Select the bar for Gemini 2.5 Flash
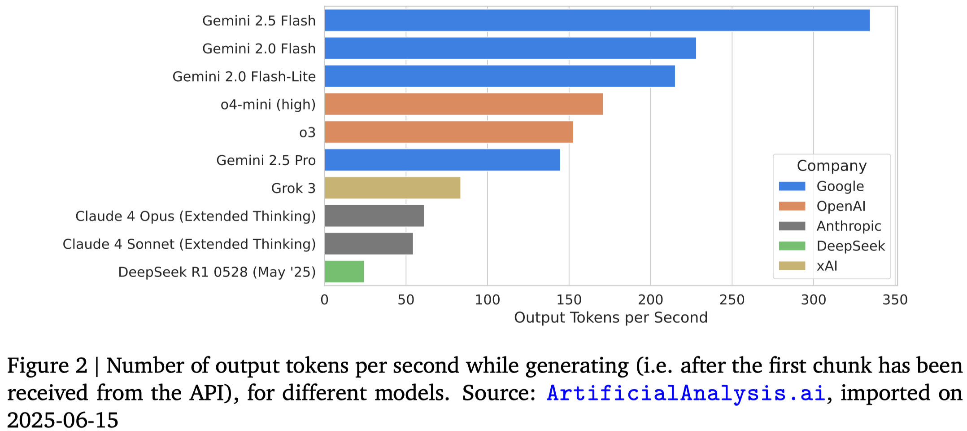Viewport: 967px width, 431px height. pyautogui.click(x=597, y=21)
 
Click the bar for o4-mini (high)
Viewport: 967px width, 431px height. pyautogui.click(x=463, y=104)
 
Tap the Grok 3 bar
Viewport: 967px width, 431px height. pyautogui.click(x=392, y=188)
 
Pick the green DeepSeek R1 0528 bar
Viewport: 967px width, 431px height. pyautogui.click(x=344, y=272)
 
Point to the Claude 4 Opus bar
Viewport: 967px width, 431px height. pyautogui.click(x=374, y=216)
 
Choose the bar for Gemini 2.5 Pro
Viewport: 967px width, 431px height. pyautogui.click(x=442, y=160)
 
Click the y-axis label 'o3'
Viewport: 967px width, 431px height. pyautogui.click(x=307, y=132)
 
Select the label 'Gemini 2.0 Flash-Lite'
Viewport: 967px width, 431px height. pyautogui.click(x=244, y=77)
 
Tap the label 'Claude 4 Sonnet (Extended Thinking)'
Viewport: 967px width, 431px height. pyautogui.click(x=189, y=244)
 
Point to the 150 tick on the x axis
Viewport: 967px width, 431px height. pyautogui.click(x=569, y=299)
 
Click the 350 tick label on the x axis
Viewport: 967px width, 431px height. pyautogui.click(x=895, y=299)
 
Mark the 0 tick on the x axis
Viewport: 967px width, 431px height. pyautogui.click(x=325, y=299)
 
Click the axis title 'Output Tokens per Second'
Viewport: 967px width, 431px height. pyautogui.click(x=610, y=318)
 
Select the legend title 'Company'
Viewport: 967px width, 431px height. pyautogui.click(x=832, y=166)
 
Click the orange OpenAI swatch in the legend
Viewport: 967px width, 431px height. pyautogui.click(x=792, y=206)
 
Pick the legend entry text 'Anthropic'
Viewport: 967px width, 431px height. pyautogui.click(x=849, y=226)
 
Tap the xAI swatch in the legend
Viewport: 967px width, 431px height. pyautogui.click(x=792, y=266)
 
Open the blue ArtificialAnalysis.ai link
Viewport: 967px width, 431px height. pyautogui.click(x=686, y=393)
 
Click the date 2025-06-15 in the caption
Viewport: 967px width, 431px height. pyautogui.click(x=63, y=420)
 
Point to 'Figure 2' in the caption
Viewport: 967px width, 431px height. pyautogui.click(x=47, y=366)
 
